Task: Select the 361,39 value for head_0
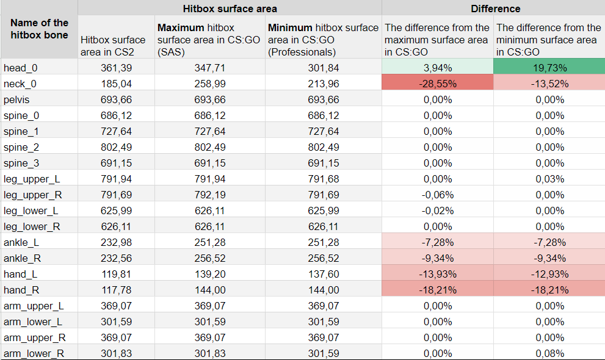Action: [x=117, y=68]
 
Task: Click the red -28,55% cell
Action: [x=438, y=84]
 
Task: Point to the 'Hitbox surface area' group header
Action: [x=230, y=9]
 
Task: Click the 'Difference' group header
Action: [x=496, y=9]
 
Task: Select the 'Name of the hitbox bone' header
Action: [x=40, y=29]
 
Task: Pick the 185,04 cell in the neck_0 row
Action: [x=117, y=84]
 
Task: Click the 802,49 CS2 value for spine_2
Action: [x=117, y=147]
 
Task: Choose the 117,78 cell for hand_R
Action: [x=117, y=290]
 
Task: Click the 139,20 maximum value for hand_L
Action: [x=210, y=274]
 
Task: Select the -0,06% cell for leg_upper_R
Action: [x=438, y=195]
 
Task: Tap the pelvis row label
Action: [x=16, y=99]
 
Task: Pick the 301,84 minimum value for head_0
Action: [x=324, y=68]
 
